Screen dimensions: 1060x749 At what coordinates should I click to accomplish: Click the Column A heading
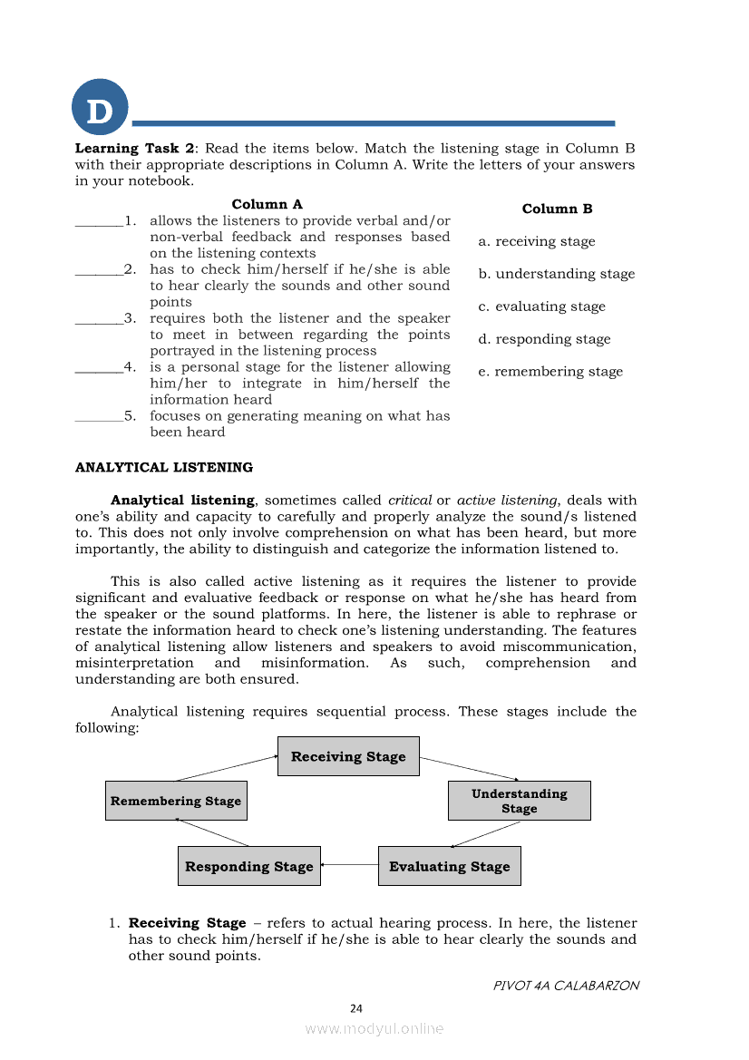tap(267, 205)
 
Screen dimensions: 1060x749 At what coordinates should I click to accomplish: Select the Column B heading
tap(557, 209)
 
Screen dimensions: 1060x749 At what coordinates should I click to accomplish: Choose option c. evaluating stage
tap(541, 306)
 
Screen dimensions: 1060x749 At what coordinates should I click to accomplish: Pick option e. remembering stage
tap(550, 372)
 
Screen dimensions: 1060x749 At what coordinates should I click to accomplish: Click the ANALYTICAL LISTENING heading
tap(164, 468)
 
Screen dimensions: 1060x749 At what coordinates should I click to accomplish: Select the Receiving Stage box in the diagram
tap(348, 756)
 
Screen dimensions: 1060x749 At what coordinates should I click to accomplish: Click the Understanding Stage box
tap(519, 801)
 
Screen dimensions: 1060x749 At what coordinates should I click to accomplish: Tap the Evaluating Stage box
tap(449, 866)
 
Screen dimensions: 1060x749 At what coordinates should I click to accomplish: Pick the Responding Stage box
tap(248, 866)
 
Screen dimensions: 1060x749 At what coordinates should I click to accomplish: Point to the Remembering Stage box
tap(176, 801)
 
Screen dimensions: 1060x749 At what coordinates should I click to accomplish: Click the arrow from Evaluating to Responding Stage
tap(349, 865)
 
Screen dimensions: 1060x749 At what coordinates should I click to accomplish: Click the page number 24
tap(356, 1008)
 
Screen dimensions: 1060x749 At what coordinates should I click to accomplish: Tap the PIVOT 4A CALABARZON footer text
tap(566, 985)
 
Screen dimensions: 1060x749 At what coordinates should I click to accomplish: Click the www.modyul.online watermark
tap(374, 1028)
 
